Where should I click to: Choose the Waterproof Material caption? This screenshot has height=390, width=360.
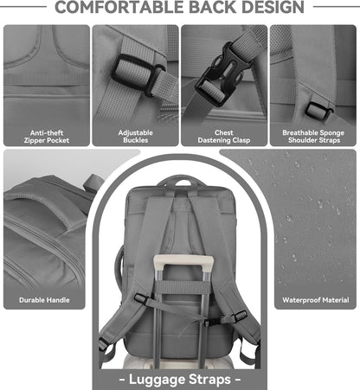pyautogui.click(x=315, y=301)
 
